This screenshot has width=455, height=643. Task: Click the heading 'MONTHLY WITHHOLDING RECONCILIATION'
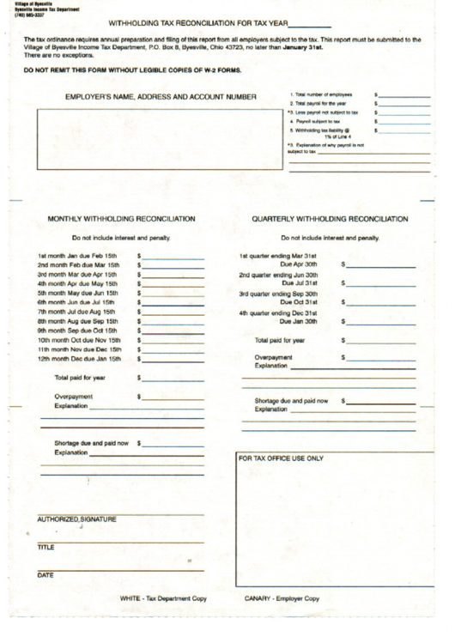[126, 220]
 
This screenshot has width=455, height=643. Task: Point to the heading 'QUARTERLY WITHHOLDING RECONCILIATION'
[330, 220]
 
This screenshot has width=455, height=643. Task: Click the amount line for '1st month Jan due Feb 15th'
[174, 257]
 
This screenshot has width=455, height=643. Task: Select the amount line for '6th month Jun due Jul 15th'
[174, 303]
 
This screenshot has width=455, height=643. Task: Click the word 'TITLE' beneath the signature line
[46, 547]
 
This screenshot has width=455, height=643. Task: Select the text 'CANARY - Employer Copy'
[282, 598]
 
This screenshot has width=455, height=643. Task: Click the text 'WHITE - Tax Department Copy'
[163, 598]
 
